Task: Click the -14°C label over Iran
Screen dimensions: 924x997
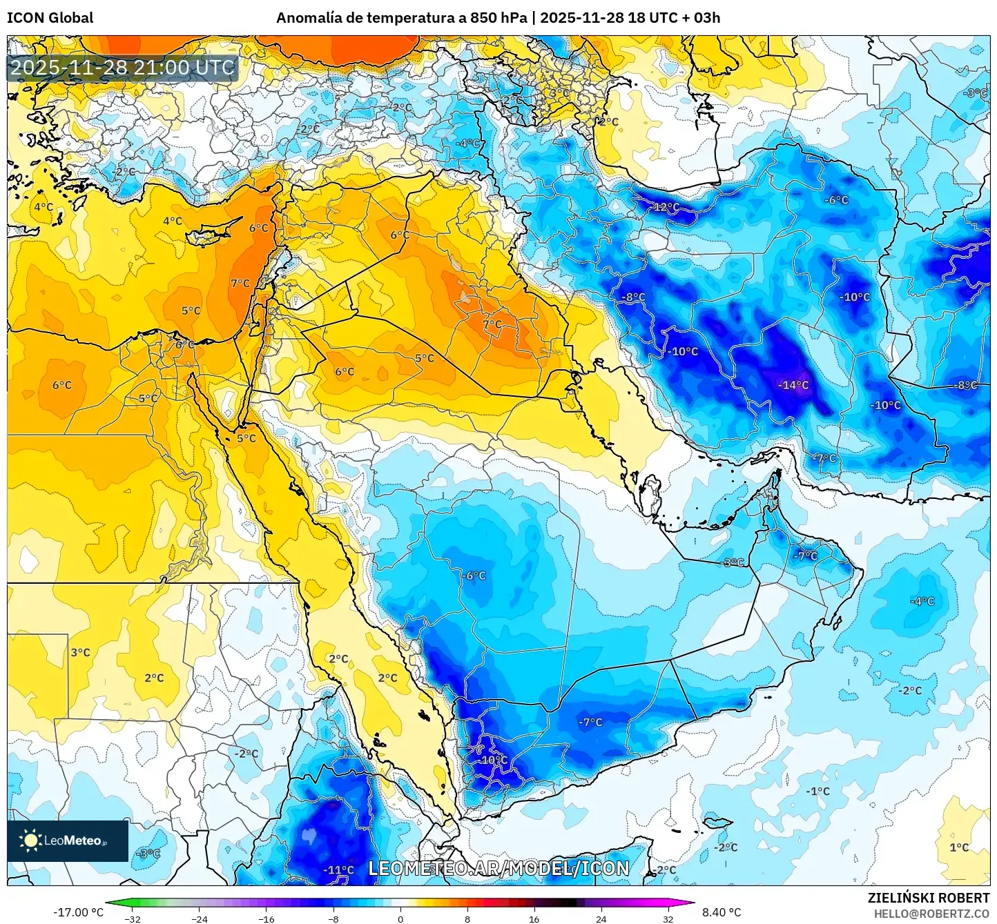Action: (x=793, y=385)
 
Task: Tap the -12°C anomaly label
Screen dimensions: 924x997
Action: (x=666, y=207)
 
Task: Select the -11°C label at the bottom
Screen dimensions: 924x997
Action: (x=338, y=870)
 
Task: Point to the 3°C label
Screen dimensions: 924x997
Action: (x=80, y=652)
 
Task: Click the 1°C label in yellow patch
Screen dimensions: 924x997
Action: (x=959, y=847)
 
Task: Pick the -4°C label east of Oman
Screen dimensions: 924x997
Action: (x=922, y=601)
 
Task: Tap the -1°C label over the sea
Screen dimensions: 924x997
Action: (x=818, y=791)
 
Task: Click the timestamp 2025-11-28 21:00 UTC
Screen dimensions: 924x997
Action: (x=123, y=68)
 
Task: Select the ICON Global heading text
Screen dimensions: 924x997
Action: (x=50, y=18)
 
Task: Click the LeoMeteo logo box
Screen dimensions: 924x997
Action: (x=68, y=841)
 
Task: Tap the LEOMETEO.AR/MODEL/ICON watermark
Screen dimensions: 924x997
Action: (x=498, y=869)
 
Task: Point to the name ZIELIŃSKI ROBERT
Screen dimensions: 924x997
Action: (x=929, y=898)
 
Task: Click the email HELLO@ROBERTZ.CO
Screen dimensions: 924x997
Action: (x=931, y=914)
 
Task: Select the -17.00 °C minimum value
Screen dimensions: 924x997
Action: (x=78, y=912)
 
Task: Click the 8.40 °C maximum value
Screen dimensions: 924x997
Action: (x=722, y=912)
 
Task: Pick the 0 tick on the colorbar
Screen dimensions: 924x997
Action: (x=400, y=919)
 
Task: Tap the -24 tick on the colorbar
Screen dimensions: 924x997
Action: (x=199, y=919)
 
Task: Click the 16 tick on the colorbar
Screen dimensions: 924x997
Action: (x=534, y=919)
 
